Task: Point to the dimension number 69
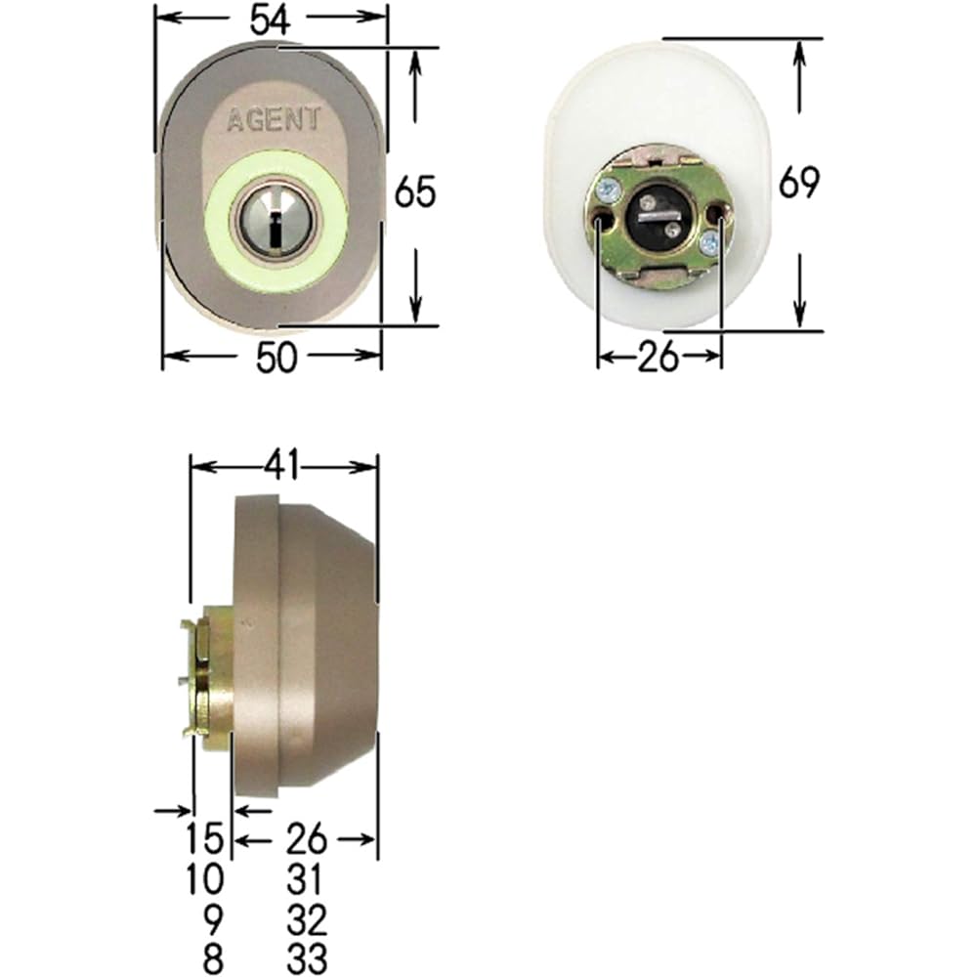798,183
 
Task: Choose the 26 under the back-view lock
658,358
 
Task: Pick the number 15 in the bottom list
205,838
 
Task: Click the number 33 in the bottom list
308,956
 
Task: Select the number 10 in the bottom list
205,878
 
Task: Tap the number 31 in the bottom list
308,878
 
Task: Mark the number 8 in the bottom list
214,956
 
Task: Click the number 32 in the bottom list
308,917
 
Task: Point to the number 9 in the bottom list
214,917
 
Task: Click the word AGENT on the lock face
274,121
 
